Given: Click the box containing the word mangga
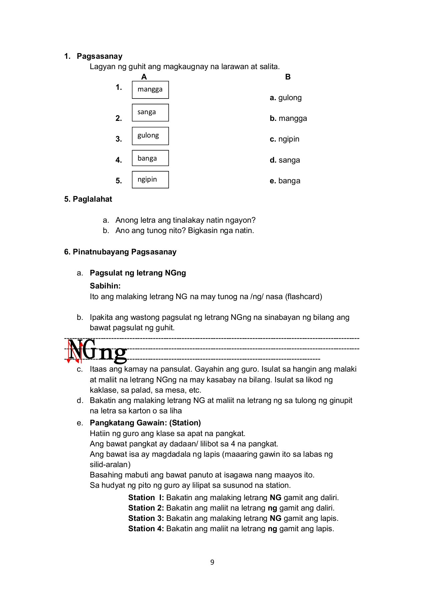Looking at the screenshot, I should [150, 90].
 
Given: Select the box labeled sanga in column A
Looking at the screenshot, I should [150, 113].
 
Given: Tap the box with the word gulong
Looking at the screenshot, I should [150, 136].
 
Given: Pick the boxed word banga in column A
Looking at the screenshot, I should [150, 158].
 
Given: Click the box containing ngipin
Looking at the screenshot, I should [150, 180].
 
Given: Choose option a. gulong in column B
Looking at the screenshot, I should [285, 98].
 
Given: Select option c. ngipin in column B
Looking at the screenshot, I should [284, 139].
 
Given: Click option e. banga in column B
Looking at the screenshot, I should [285, 181].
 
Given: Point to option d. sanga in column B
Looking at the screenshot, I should [285, 160].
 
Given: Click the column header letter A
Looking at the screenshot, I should [144, 77].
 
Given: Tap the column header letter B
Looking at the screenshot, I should [288, 77].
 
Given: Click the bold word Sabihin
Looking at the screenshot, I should [105, 286].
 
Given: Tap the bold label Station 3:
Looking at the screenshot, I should [146, 519].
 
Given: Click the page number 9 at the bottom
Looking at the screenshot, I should [212, 563].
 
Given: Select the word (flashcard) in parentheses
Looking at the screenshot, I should [303, 296].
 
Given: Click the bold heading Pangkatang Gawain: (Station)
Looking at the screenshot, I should [145, 423].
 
